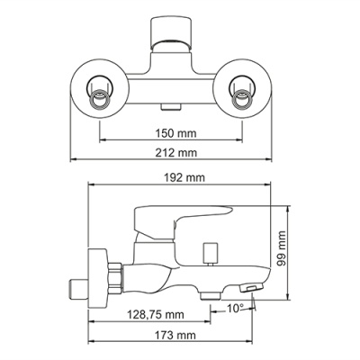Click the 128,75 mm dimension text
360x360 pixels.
point(150,315)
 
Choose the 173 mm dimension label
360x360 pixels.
point(172,336)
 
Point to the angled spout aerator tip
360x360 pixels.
point(252,289)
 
